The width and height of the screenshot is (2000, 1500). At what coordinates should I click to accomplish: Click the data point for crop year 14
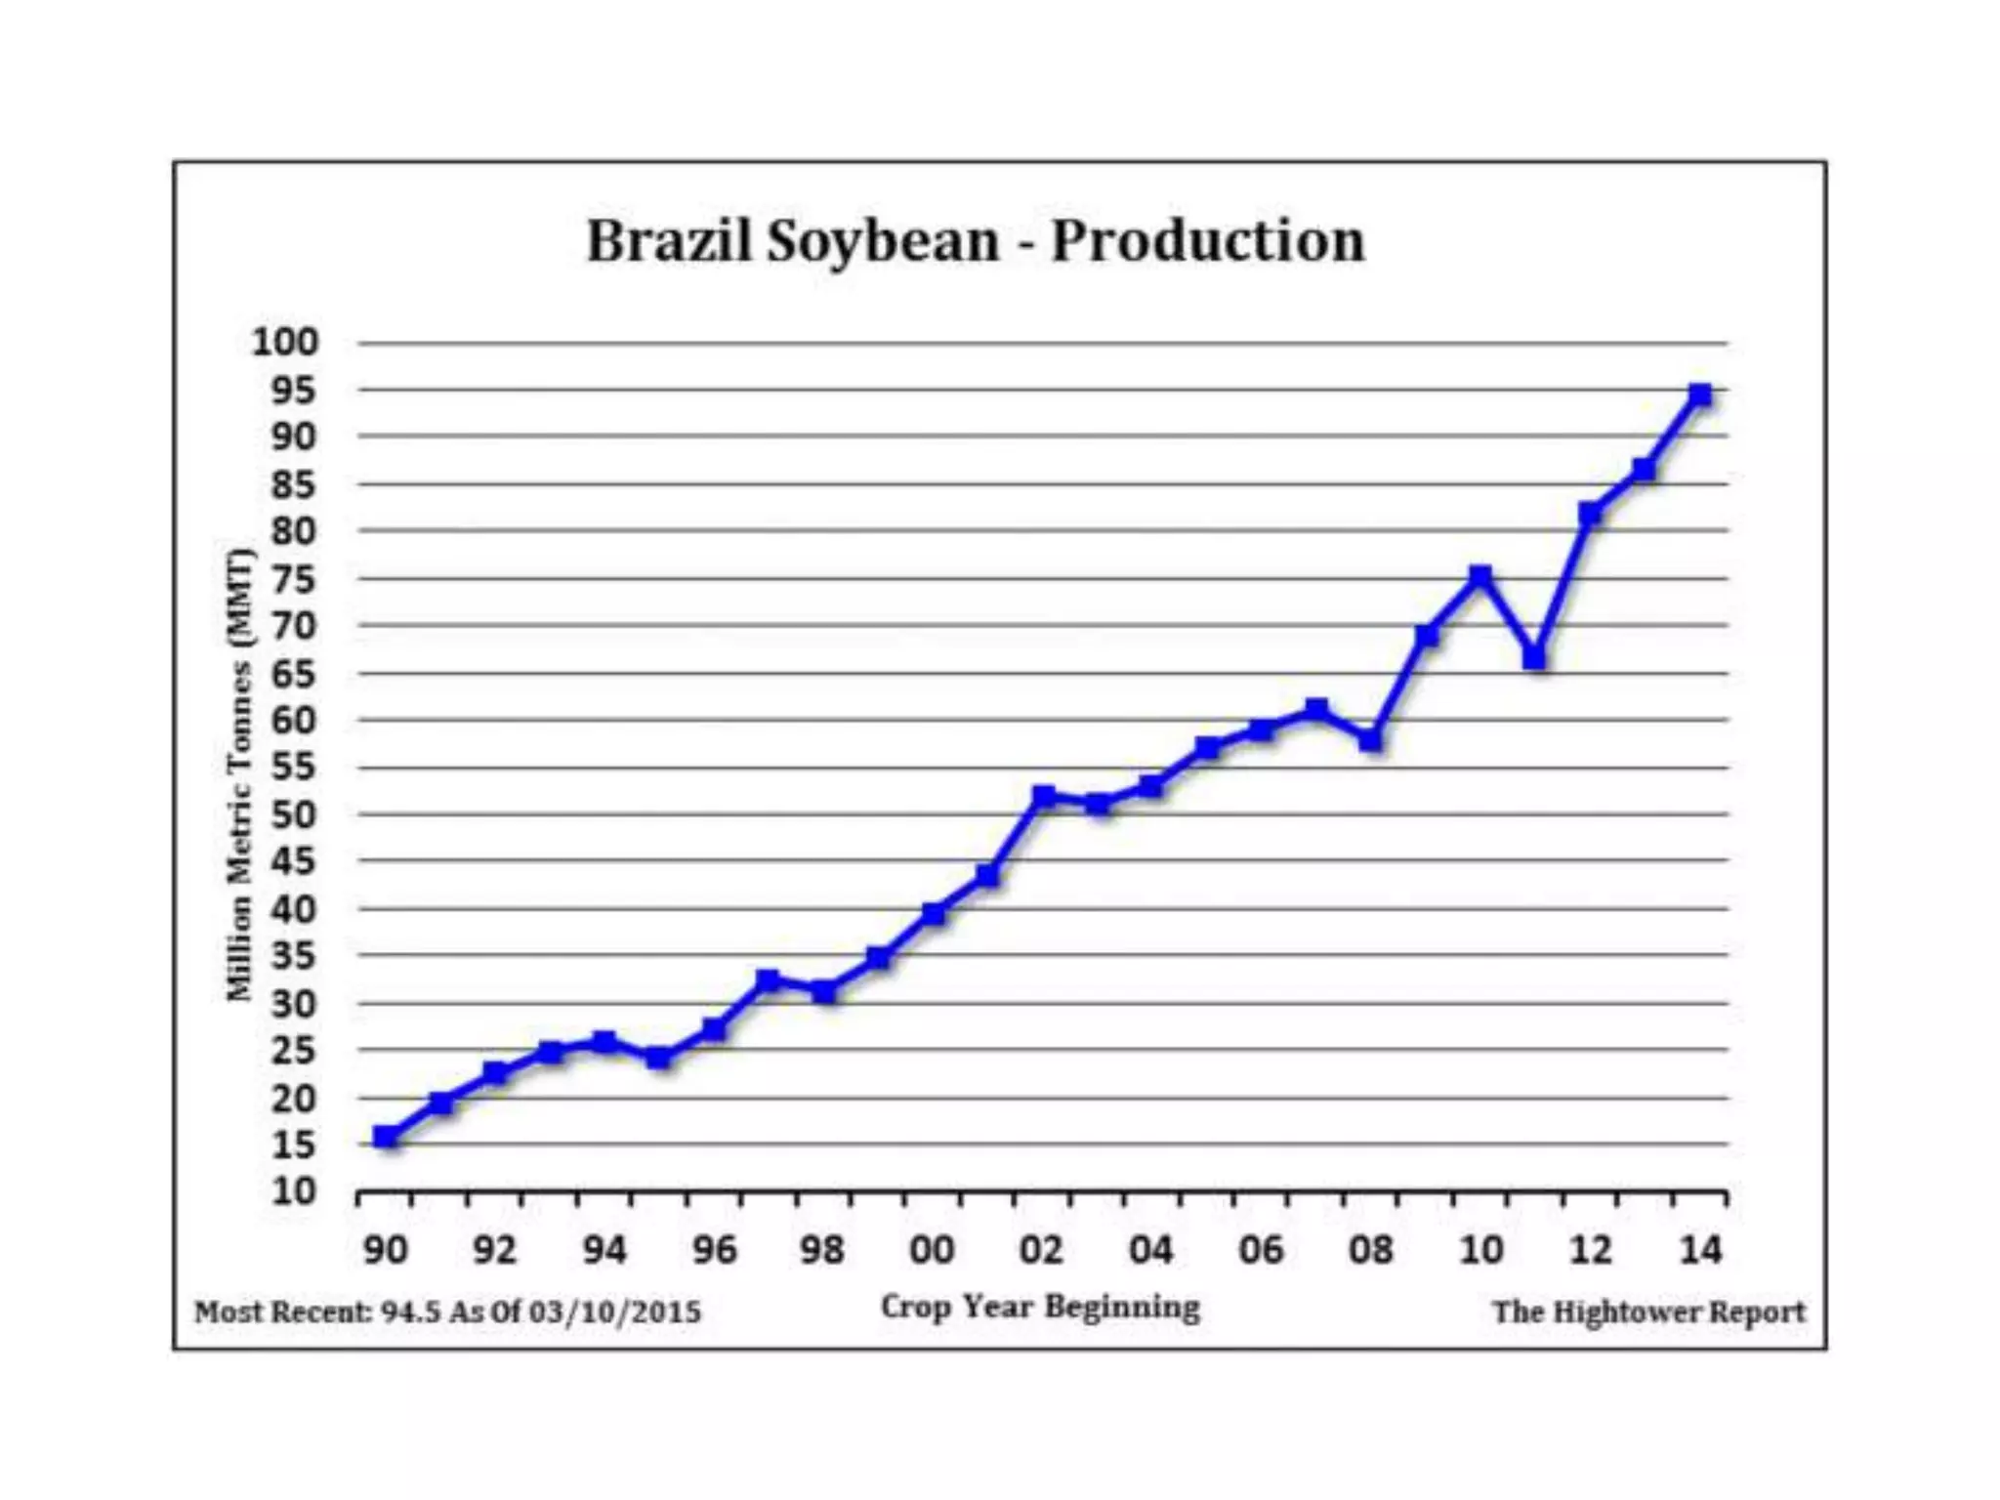(x=1699, y=395)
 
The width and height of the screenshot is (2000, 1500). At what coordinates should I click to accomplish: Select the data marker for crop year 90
(x=386, y=1136)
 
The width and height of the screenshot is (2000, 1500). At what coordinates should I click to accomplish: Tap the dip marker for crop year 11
(x=1534, y=659)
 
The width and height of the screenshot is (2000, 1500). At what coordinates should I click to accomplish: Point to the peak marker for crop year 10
(x=1479, y=576)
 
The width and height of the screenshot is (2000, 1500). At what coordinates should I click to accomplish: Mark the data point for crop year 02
(x=1043, y=796)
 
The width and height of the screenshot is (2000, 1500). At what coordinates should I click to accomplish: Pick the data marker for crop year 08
(x=1370, y=741)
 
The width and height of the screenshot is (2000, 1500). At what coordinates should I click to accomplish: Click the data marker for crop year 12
(x=1590, y=514)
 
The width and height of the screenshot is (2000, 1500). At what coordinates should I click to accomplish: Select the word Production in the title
(x=1207, y=241)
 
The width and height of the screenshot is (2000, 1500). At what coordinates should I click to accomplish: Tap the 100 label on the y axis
(x=285, y=343)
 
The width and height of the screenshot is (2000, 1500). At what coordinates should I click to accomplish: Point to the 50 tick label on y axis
(x=294, y=814)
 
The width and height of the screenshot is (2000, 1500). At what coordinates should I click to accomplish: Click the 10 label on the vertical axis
(x=294, y=1191)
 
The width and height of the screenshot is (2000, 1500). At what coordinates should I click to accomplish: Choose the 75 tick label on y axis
(x=294, y=579)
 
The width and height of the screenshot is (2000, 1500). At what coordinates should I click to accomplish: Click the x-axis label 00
(x=932, y=1250)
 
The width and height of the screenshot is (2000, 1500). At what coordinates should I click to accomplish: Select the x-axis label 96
(x=714, y=1250)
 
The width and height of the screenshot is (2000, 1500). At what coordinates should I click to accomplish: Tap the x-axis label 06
(x=1261, y=1250)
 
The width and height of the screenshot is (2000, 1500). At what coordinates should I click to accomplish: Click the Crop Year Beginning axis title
(x=1040, y=1307)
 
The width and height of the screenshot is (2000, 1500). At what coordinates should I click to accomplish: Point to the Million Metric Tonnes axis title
(x=240, y=776)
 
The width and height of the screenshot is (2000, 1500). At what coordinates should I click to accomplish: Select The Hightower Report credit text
(x=1648, y=1312)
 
